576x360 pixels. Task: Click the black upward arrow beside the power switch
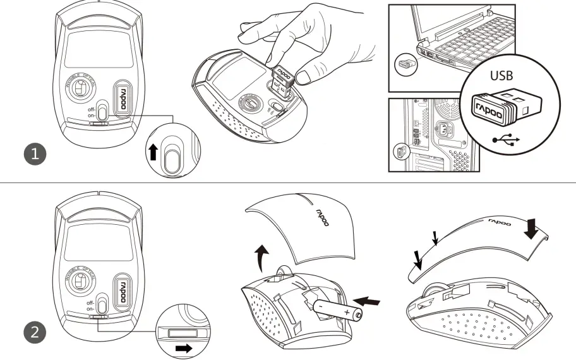point(152,152)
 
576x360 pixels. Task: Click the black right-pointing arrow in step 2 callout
point(184,347)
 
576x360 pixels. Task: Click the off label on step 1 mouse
point(93,108)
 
